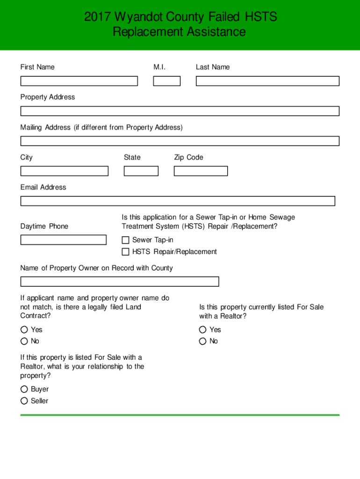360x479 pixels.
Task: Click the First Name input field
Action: click(x=79, y=81)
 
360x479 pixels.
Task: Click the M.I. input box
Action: click(x=167, y=81)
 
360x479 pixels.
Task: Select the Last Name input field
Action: click(x=267, y=81)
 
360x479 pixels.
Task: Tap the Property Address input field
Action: click(x=180, y=111)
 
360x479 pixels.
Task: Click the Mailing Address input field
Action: click(x=180, y=141)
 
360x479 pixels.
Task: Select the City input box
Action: click(x=64, y=171)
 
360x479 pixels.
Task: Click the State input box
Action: click(x=141, y=171)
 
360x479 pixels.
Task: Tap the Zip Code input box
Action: click(x=201, y=171)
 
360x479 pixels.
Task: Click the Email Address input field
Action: click(x=178, y=201)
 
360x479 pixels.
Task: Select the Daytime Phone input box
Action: click(x=64, y=240)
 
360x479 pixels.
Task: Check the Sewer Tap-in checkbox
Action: click(x=125, y=240)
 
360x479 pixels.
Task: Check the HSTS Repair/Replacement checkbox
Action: click(x=125, y=252)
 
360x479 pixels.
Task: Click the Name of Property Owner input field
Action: click(x=120, y=282)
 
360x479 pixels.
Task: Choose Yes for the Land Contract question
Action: click(x=24, y=330)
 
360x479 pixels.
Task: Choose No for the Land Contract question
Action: click(x=24, y=341)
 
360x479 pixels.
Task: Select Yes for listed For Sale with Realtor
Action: click(x=202, y=330)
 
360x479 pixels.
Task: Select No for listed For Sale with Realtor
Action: click(x=202, y=341)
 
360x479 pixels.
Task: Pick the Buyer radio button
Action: click(x=24, y=389)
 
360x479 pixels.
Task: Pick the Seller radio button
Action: click(x=24, y=401)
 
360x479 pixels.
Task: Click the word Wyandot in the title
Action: click(x=141, y=17)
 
